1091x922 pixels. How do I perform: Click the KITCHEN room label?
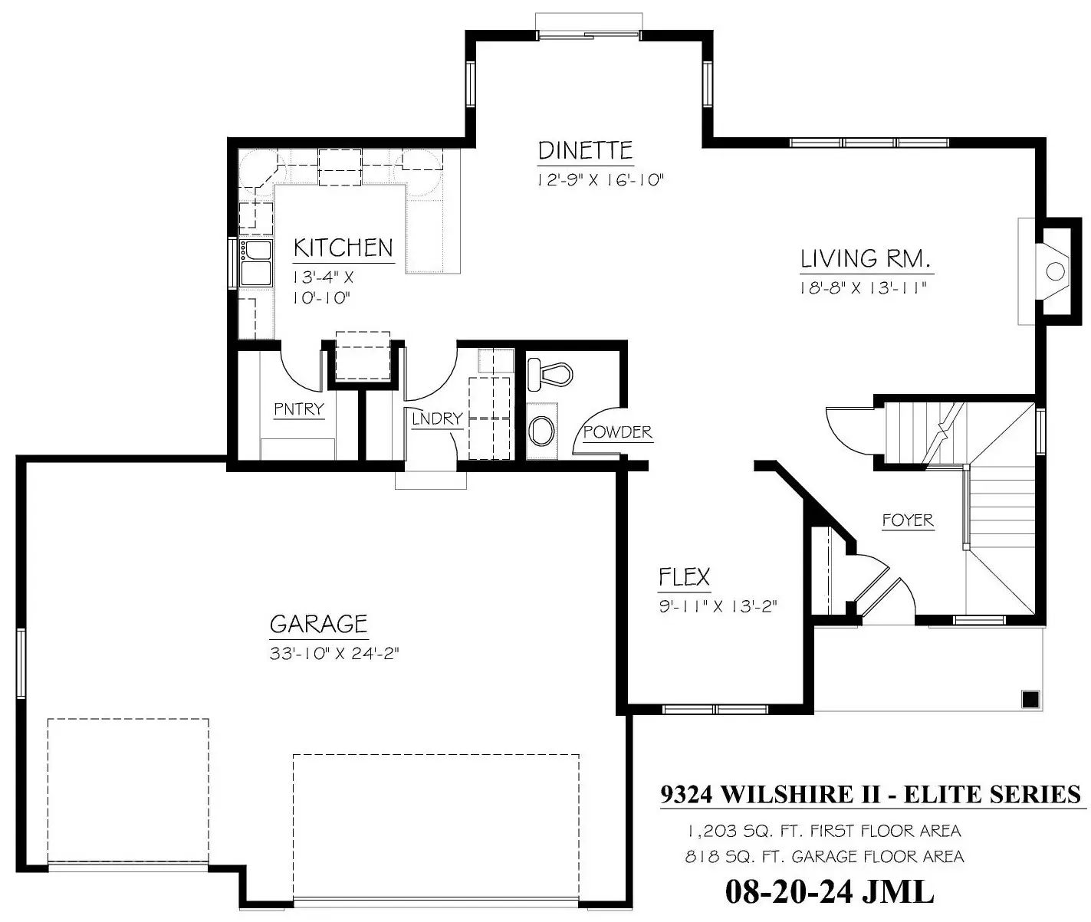point(343,248)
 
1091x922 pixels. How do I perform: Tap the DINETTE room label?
point(585,151)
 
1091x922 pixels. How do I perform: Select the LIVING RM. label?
point(866,259)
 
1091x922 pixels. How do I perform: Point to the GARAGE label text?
point(318,625)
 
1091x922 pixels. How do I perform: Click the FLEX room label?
point(684,577)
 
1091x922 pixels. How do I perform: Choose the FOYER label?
point(908,520)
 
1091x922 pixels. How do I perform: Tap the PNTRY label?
point(298,409)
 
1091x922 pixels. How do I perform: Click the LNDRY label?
point(437,418)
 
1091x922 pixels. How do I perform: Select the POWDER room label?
point(617,432)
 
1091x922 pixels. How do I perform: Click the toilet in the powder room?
point(550,374)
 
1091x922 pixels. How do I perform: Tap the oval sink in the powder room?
point(541,431)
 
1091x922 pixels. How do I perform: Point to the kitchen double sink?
point(255,263)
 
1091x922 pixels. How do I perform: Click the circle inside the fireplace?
point(1055,272)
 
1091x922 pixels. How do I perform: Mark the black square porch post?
point(1030,700)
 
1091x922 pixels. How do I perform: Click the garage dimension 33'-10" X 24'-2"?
point(334,654)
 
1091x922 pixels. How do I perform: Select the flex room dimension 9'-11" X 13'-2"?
point(718,606)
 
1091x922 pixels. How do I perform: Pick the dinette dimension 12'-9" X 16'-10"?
point(600,180)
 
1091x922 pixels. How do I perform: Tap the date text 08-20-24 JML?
point(830,891)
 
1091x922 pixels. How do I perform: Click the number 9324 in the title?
point(686,794)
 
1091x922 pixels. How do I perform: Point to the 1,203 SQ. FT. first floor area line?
point(824,831)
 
